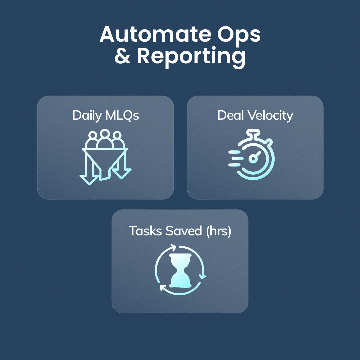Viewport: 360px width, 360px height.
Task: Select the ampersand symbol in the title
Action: pyautogui.click(x=122, y=57)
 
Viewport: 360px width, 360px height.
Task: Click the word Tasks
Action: pyautogui.click(x=145, y=231)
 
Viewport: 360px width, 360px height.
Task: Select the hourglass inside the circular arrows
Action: pyautogui.click(x=180, y=270)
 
